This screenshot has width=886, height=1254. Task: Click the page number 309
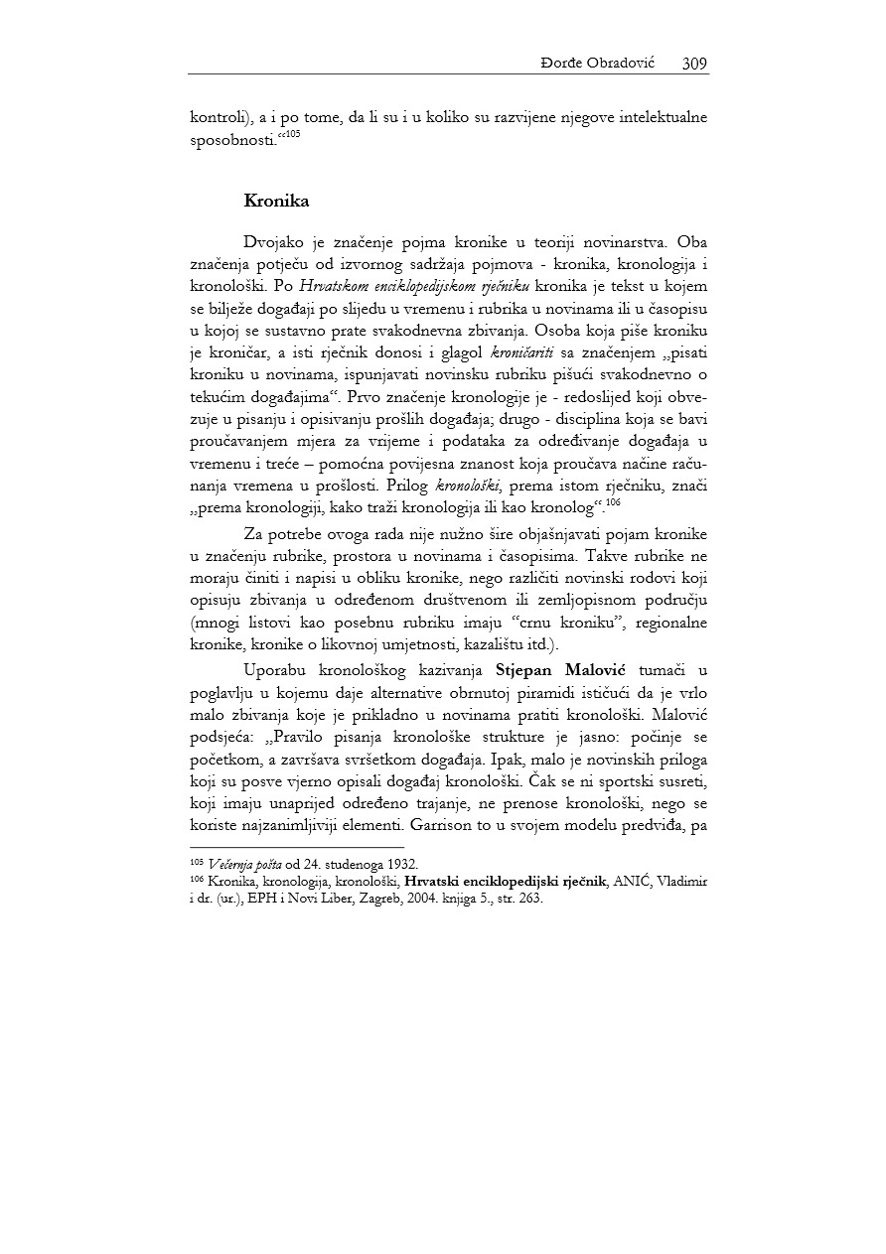[x=694, y=64]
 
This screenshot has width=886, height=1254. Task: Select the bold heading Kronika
[x=276, y=201]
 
